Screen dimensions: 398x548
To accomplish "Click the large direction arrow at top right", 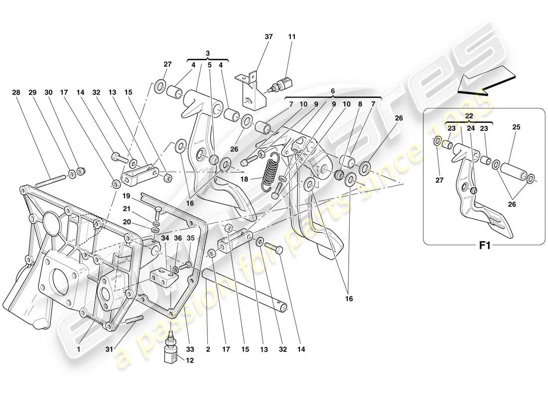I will (x=486, y=81).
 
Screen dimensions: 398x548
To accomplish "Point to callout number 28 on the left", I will (x=16, y=93).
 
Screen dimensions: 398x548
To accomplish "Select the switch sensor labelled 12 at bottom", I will (x=171, y=355).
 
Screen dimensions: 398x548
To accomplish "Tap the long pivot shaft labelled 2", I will (x=244, y=289).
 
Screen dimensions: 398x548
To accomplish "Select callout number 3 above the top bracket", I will (x=209, y=53).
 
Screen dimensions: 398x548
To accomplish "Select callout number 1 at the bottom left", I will (x=79, y=350).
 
